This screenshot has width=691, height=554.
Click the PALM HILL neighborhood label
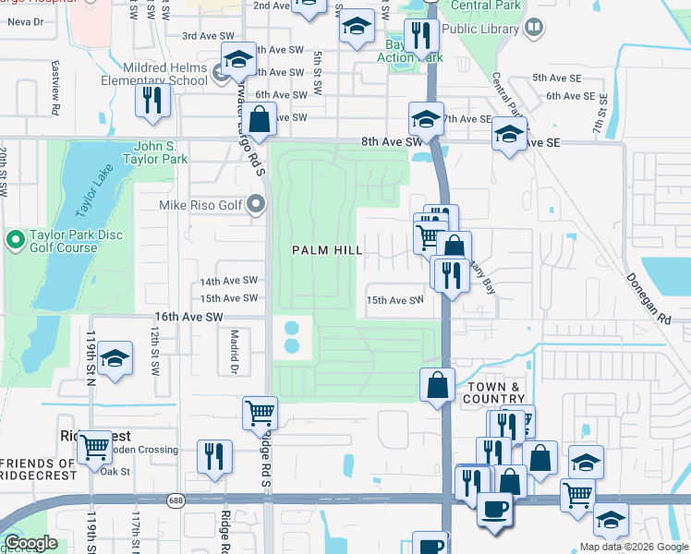pyautogui.click(x=327, y=250)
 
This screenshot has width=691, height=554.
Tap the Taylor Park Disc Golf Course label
pyautogui.click(x=70, y=242)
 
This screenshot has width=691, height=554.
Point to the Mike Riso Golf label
pyautogui.click(x=201, y=205)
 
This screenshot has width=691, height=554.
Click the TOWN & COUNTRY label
pyautogui.click(x=496, y=391)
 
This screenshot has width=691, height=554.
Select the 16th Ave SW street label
pyautogui.click(x=188, y=317)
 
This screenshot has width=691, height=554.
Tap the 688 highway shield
pyautogui.click(x=176, y=500)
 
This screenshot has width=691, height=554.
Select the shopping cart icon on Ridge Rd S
pyautogui.click(x=260, y=413)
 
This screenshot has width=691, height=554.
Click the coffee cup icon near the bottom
pyautogui.click(x=494, y=509)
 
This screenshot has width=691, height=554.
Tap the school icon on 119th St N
pyautogui.click(x=115, y=361)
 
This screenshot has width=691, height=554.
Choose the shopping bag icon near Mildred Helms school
pyautogui.click(x=261, y=119)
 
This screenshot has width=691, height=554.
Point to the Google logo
pyautogui.click(x=31, y=543)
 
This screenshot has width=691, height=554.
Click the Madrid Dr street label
pyautogui.click(x=235, y=352)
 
